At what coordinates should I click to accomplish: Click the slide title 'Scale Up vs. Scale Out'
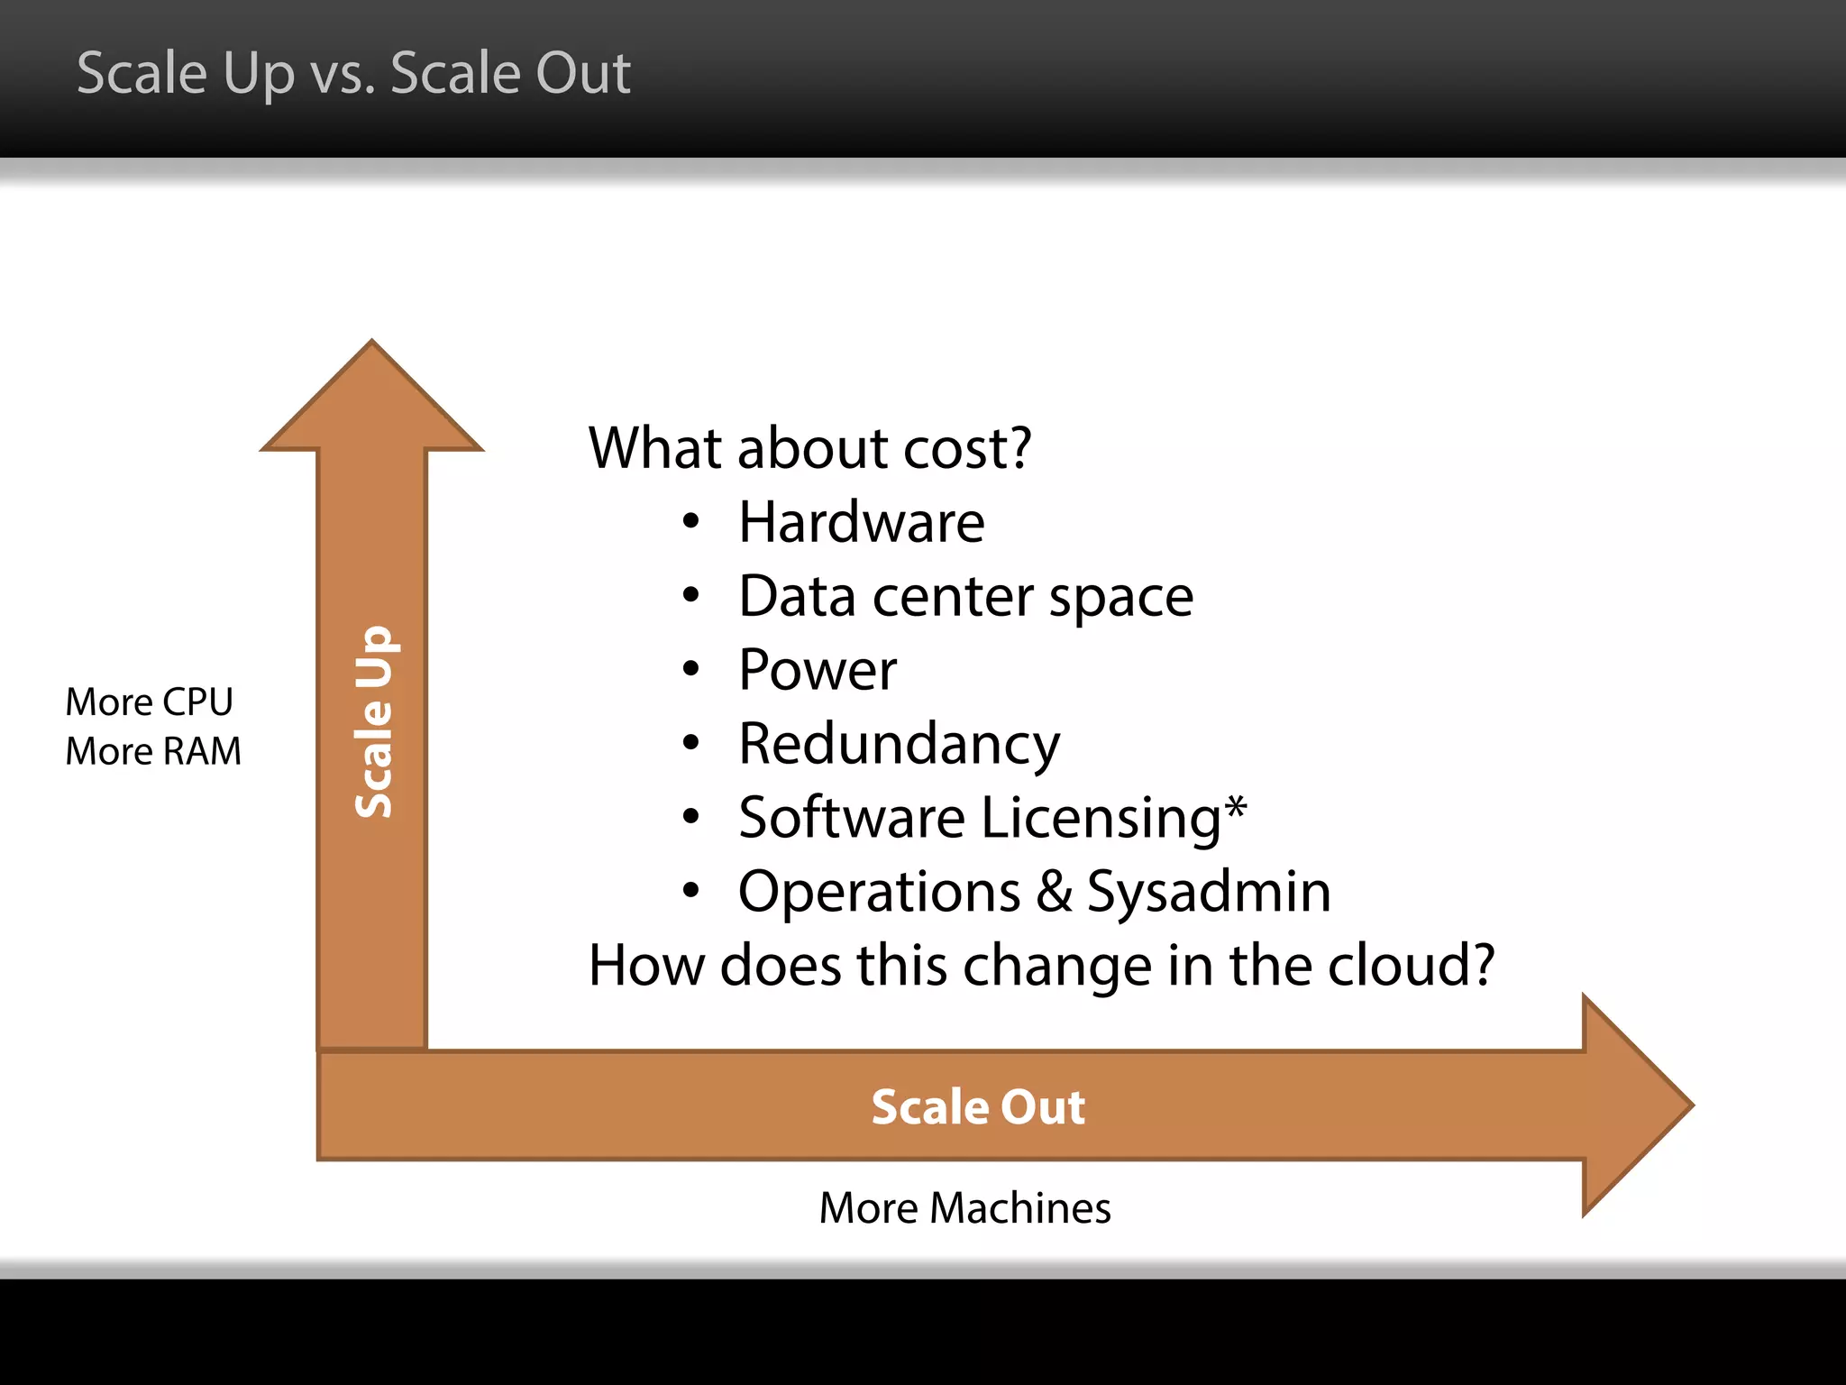point(353,74)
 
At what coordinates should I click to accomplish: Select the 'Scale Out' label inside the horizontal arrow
point(978,1106)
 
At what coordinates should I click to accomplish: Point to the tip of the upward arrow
point(371,344)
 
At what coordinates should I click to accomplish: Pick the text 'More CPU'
point(150,702)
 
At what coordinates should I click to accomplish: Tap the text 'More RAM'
point(153,751)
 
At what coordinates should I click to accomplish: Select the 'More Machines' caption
point(964,1208)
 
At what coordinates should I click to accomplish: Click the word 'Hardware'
point(861,522)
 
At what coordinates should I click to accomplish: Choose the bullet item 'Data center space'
point(965,597)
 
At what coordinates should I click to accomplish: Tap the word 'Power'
point(818,670)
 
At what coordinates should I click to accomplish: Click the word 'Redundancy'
point(899,745)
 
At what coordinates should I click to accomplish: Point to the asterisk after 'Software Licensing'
point(1236,805)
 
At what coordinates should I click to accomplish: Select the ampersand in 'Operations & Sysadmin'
point(1054,892)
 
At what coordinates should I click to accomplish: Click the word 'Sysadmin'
point(1209,893)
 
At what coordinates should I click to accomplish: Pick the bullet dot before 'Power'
point(691,669)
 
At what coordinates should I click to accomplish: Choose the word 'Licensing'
point(1101,819)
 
